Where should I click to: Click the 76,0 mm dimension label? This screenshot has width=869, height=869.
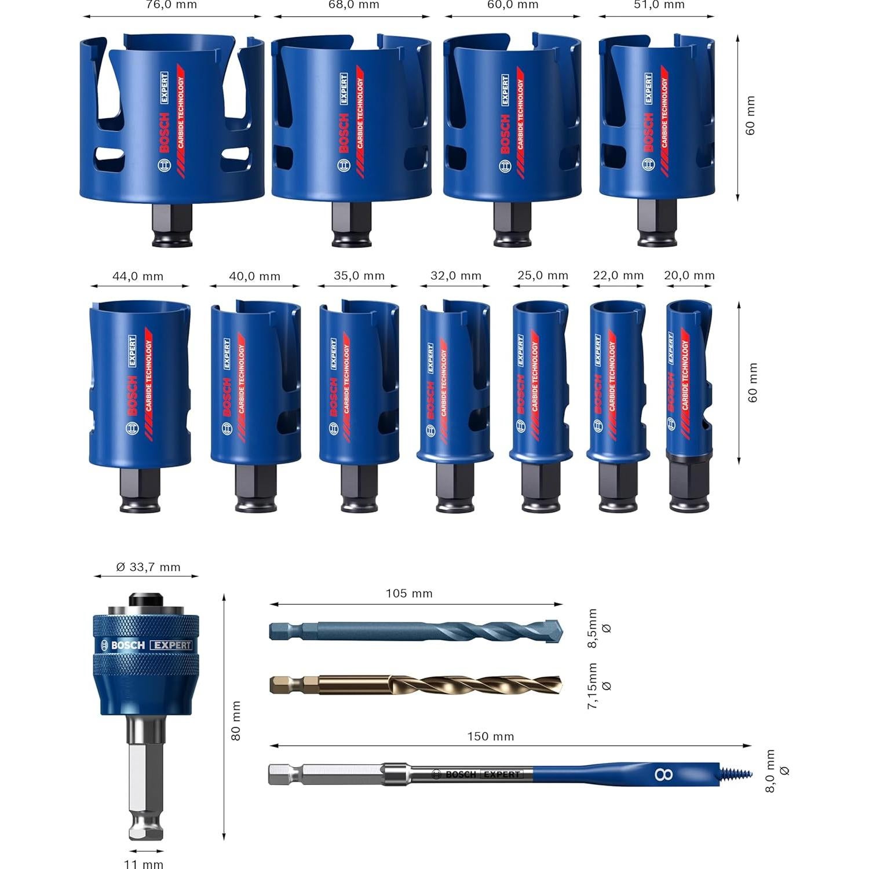pyautogui.click(x=171, y=5)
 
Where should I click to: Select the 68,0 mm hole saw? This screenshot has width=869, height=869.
pyautogui.click(x=351, y=122)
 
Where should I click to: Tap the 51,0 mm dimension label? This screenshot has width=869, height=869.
pyautogui.click(x=659, y=5)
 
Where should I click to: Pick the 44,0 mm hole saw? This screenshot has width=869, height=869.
pyautogui.click(x=140, y=382)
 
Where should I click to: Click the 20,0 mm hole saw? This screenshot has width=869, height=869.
pyautogui.click(x=688, y=382)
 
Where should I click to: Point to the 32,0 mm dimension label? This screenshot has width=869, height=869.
pyautogui.click(x=456, y=276)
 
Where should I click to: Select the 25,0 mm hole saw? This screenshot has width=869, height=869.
pyautogui.click(x=540, y=382)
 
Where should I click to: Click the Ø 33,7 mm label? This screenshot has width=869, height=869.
pyautogui.click(x=148, y=567)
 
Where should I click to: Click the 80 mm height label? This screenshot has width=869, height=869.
pyautogui.click(x=236, y=721)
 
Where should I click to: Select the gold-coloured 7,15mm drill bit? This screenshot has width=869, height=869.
pyautogui.click(x=414, y=685)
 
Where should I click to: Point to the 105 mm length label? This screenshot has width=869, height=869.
pyautogui.click(x=409, y=593)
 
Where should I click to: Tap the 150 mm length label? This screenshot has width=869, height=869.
pyautogui.click(x=491, y=736)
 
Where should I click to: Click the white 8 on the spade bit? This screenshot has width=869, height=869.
pyautogui.click(x=663, y=773)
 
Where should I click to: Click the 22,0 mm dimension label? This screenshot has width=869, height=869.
pyautogui.click(x=618, y=276)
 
